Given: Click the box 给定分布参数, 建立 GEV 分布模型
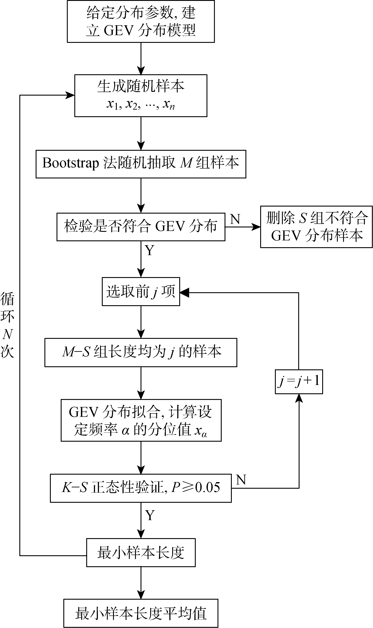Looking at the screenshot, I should click(x=141, y=21).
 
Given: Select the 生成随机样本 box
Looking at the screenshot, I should click(x=141, y=95).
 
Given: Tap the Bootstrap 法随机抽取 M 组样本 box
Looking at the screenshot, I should click(x=141, y=164).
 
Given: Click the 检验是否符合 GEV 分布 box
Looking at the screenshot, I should click(x=141, y=227).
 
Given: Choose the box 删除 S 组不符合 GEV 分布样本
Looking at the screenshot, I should click(x=316, y=227).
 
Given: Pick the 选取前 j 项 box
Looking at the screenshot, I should click(x=141, y=291).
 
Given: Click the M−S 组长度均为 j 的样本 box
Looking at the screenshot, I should click(x=141, y=352).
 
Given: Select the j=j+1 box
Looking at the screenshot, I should click(x=299, y=381).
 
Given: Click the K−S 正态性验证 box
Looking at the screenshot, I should click(x=141, y=488).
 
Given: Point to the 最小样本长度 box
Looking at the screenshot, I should click(x=141, y=552).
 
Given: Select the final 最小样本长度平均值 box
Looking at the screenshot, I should click(x=141, y=613).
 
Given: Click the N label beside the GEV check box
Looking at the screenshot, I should click(x=235, y=219).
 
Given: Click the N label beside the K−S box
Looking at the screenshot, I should click(x=241, y=480).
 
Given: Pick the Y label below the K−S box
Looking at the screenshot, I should click(x=150, y=515).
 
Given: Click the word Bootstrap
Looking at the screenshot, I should click(x=70, y=163).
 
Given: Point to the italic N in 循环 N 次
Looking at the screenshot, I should click(x=7, y=334).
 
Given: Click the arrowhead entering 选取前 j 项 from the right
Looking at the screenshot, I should click(x=184, y=292).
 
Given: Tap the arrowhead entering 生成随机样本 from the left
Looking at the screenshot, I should click(x=70, y=95).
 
